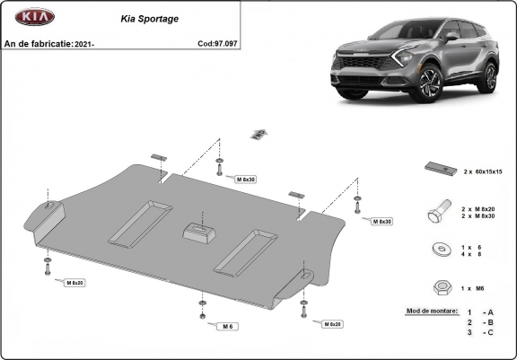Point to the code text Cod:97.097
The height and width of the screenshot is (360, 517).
[218, 43]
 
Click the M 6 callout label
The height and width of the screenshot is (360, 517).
[228, 325]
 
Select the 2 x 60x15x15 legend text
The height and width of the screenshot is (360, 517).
[483, 171]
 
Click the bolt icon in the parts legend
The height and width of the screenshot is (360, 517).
[437, 213]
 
